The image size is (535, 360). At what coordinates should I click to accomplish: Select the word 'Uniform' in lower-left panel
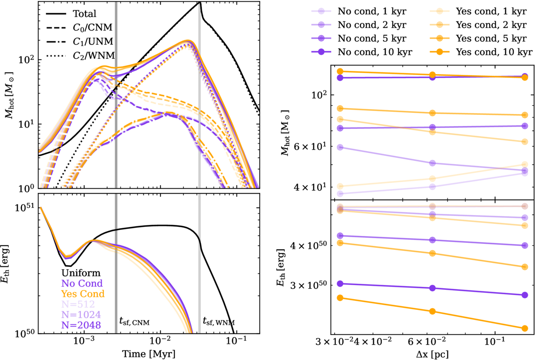coord(81,273)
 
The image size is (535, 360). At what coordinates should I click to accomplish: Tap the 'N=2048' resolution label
coord(81,325)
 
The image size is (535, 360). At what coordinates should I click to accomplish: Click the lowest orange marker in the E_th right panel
coord(525,328)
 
